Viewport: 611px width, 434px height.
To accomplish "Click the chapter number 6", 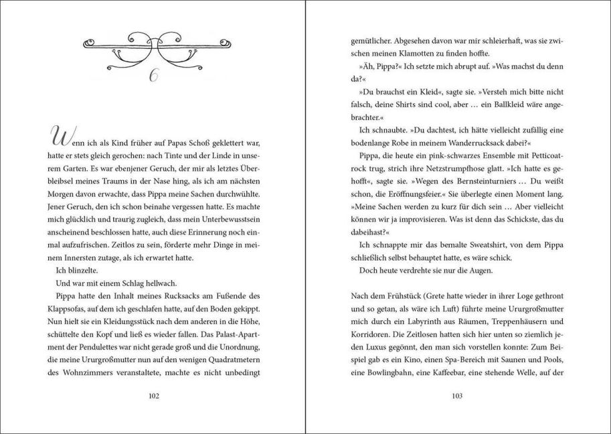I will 153,76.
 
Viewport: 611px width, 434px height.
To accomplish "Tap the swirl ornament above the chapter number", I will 153,46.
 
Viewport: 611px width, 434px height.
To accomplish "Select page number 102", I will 153,396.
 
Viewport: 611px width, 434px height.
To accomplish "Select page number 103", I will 458,396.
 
